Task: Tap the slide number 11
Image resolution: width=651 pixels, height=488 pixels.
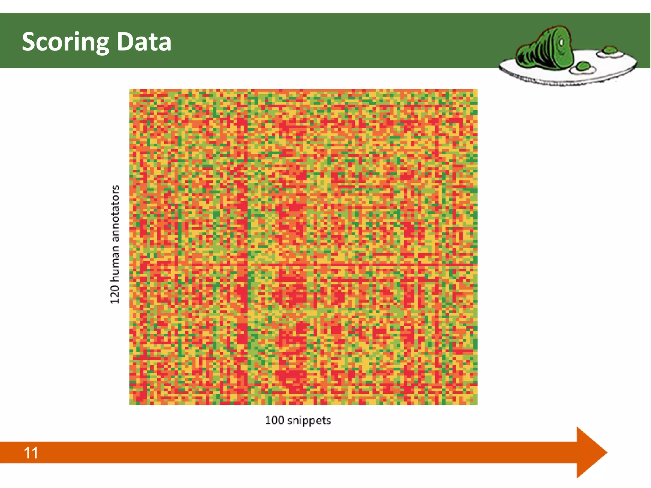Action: pyautogui.click(x=31, y=453)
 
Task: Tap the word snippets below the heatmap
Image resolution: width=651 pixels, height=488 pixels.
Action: pyautogui.click(x=309, y=421)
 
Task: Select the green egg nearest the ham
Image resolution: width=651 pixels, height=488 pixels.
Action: pyautogui.click(x=583, y=67)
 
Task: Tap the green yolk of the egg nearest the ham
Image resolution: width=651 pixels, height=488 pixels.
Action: pyautogui.click(x=583, y=66)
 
